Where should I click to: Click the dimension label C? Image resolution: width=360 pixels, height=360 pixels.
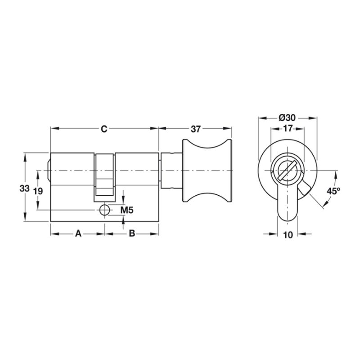104,129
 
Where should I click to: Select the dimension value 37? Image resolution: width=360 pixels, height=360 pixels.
196,129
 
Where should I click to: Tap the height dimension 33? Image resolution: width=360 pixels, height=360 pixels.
25,189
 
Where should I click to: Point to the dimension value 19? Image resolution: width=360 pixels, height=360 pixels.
38,191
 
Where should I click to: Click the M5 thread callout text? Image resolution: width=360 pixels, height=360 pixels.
127,210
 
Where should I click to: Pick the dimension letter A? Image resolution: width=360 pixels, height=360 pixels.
78,234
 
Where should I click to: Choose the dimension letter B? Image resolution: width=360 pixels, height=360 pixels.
132,234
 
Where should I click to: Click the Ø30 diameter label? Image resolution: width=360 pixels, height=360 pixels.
287,118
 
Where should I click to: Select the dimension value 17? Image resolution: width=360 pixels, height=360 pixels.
288,128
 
